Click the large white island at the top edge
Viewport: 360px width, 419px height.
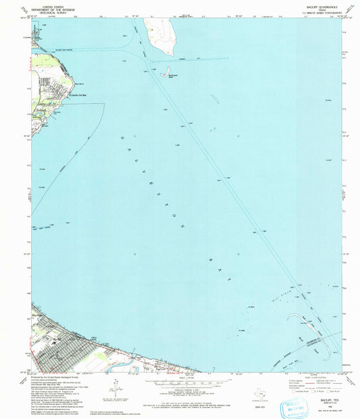pyautogui.click(x=159, y=34)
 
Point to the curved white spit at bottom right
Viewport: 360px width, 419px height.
pyautogui.click(x=329, y=348)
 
